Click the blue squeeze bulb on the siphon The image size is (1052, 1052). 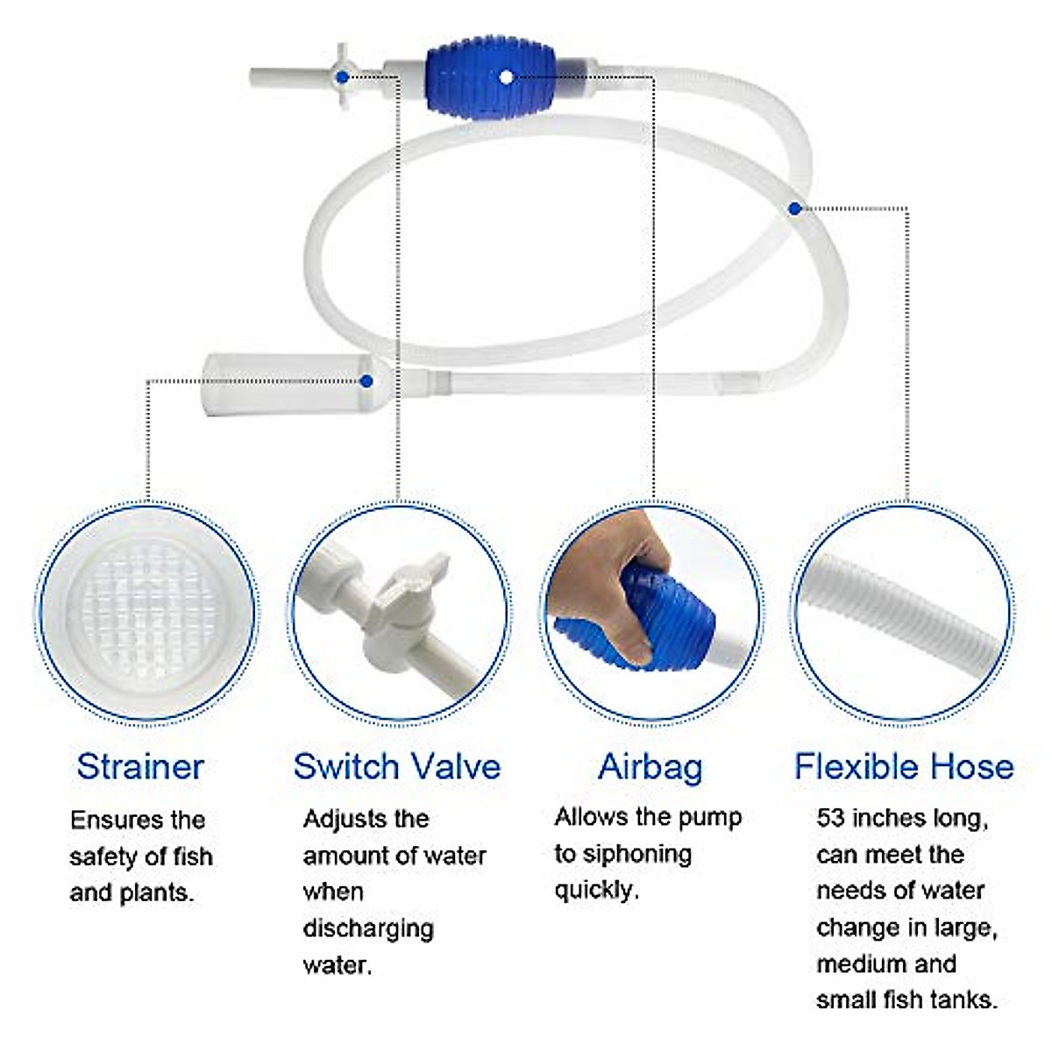[x=478, y=77]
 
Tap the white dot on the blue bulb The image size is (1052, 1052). [x=507, y=76]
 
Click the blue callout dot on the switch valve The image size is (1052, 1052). [x=342, y=77]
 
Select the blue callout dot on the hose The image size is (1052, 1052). [x=794, y=209]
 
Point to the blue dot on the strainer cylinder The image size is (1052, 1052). [x=366, y=380]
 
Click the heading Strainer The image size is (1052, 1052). [x=140, y=766]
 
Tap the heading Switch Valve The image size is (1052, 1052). [x=396, y=766]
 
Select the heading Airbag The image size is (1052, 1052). [x=650, y=766]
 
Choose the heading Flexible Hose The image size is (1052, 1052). [x=904, y=766]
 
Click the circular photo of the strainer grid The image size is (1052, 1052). [x=147, y=613]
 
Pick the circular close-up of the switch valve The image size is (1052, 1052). [x=399, y=613]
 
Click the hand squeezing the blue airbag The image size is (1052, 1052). [x=614, y=561]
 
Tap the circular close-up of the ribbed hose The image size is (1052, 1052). [x=903, y=613]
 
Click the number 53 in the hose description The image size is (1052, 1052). [x=830, y=818]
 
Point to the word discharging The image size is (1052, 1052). [x=368, y=928]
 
